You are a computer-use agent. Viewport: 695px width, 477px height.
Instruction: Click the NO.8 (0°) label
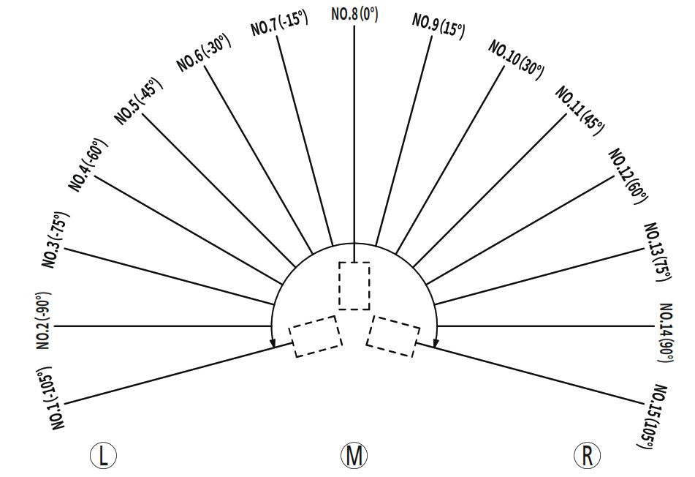click(354, 14)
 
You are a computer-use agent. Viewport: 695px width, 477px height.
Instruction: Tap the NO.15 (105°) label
click(653, 416)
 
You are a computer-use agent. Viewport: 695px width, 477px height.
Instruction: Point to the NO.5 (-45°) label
click(139, 102)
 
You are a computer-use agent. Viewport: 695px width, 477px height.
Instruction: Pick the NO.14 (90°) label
click(665, 333)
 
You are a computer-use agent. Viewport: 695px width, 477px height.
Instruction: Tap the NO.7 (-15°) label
click(279, 23)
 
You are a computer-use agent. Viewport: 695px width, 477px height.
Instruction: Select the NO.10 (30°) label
click(517, 60)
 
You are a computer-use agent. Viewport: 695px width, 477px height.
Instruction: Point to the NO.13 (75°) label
click(657, 252)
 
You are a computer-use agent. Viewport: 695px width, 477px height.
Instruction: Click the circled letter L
click(103, 456)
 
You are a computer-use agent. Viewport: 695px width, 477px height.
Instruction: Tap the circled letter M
click(354, 456)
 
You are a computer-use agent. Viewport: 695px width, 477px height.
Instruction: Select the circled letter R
click(587, 456)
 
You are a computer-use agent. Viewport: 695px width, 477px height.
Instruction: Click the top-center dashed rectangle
click(354, 286)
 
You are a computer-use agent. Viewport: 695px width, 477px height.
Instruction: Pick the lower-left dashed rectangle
click(316, 337)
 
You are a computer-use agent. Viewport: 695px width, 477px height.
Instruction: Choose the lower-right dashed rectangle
click(393, 336)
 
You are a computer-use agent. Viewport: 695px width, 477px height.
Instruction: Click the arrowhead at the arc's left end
click(273, 343)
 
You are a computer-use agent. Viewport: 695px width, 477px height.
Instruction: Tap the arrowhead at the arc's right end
click(436, 343)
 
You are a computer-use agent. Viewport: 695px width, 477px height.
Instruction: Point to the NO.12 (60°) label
click(628, 176)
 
